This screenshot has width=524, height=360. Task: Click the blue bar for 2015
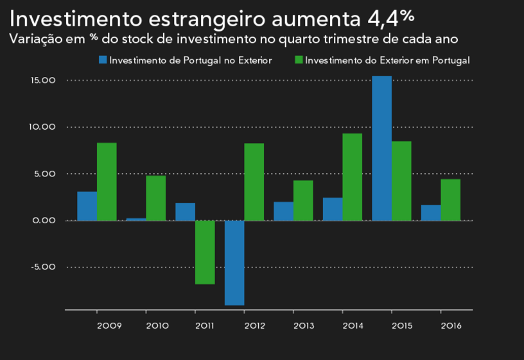pos(381,148)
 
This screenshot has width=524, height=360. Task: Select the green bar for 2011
pos(205,252)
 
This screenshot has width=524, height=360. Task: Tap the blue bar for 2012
pos(234,262)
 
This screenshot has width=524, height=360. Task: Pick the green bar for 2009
pos(107,182)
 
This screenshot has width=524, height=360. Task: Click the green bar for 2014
pos(352,177)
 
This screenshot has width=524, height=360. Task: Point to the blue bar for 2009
pos(87,206)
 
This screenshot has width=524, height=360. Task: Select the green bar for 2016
pos(450,200)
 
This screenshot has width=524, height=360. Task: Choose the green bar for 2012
pos(254,182)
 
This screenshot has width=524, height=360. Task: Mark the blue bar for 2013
pos(283,211)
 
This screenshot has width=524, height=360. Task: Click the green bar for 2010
pos(155,198)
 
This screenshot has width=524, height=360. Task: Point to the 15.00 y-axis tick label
pos(44,80)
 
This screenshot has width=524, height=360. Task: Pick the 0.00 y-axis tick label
pos(45,220)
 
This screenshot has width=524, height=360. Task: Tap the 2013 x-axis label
pos(304,325)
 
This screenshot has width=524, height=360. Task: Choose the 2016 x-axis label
pos(451,325)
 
